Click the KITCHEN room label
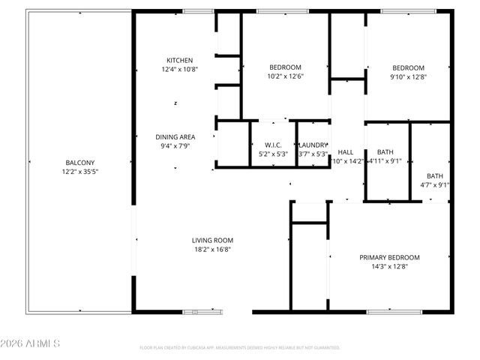(180, 60)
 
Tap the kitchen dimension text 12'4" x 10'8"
(180, 70)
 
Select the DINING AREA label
(175, 136)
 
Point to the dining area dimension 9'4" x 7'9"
(175, 146)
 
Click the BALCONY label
(80, 162)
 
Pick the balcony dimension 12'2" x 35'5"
(80, 172)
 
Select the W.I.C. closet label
(272, 145)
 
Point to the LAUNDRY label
(313, 145)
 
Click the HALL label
(346, 151)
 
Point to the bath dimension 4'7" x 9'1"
(435, 184)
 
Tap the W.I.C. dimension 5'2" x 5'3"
(272, 154)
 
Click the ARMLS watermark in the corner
(31, 343)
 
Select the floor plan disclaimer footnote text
(240, 348)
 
